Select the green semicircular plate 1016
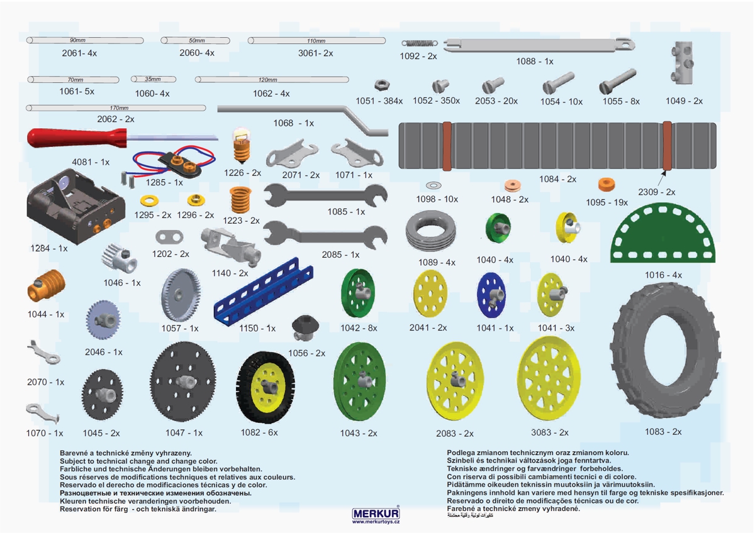point(664,234)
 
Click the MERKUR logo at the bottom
point(376,514)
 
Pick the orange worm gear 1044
point(46,286)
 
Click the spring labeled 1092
point(419,43)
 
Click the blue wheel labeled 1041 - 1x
point(491,294)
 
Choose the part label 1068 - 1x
point(293,123)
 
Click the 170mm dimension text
point(119,108)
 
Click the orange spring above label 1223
point(240,200)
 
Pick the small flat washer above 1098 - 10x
point(433,185)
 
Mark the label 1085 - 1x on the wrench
point(346,212)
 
